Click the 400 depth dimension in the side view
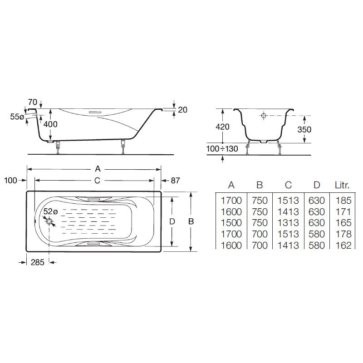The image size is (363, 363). tap(50, 124)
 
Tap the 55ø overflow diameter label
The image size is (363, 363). tap(17, 117)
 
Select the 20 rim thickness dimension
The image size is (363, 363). tap(182, 110)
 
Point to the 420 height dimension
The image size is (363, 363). tap(222, 127)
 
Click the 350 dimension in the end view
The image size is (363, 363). tap(304, 129)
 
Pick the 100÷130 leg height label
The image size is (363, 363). tap(222, 149)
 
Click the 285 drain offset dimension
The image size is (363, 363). tap(38, 262)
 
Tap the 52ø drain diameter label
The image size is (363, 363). tap(50, 211)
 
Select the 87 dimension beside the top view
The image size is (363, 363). tap(175, 181)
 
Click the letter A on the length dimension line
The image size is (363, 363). tap(98, 169)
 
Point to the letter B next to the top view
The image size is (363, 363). tap(191, 221)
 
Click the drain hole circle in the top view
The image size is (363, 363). tap(49, 221)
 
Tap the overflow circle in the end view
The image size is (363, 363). tap(264, 116)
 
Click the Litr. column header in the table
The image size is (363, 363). tap(342, 185)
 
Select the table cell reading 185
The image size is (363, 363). tap(343, 201)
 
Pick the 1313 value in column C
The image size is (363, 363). tap(288, 223)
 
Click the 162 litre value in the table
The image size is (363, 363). tap(343, 245)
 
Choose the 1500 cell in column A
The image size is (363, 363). tap(231, 223)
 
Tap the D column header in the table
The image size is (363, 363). tap(316, 185)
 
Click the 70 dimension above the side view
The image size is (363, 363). tap(32, 102)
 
